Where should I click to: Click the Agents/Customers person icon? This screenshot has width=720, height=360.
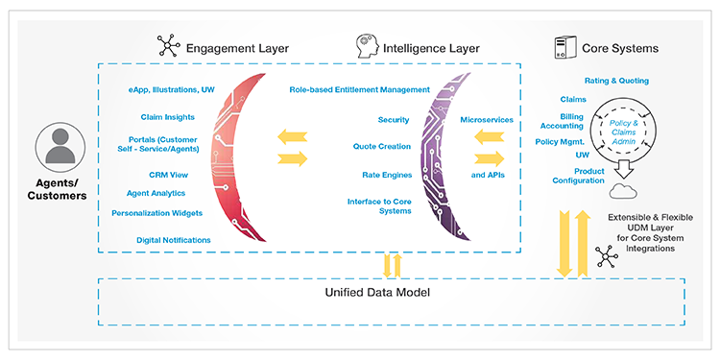[60, 147]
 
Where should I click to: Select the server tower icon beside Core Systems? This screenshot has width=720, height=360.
[564, 47]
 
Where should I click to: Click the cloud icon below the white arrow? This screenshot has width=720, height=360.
[623, 191]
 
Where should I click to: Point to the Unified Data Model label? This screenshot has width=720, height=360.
[377, 292]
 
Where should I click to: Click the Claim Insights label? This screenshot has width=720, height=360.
[168, 117]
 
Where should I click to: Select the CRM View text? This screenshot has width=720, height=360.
[169, 175]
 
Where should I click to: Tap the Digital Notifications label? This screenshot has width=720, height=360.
[174, 240]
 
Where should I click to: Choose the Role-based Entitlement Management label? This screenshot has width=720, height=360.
[360, 89]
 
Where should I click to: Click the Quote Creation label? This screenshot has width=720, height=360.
[382, 147]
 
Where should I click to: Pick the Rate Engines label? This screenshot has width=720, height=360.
[387, 175]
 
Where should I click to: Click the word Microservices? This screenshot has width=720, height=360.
[487, 120]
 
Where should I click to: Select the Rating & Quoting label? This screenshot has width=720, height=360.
[616, 81]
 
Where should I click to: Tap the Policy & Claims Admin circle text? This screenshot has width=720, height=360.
[624, 132]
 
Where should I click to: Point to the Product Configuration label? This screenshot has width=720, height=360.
[578, 176]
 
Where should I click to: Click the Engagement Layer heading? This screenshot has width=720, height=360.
[237, 48]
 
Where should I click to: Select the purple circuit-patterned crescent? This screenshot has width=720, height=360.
[434, 157]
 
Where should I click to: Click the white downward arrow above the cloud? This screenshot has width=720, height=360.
[623, 169]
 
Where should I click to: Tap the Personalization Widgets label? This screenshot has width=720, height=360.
[157, 213]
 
